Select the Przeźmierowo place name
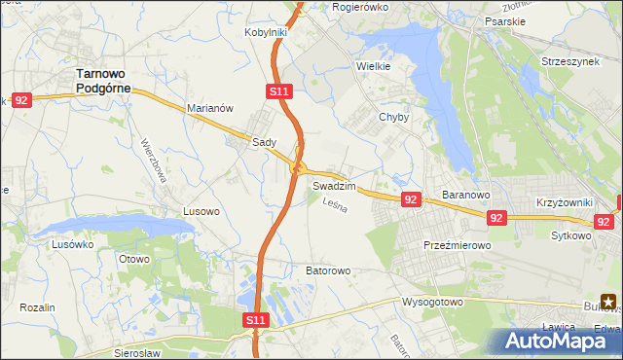point(457,246)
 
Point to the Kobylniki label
point(266,32)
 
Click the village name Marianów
point(209,109)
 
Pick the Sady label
point(265,141)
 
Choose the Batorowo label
point(328,270)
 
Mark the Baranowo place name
point(464,195)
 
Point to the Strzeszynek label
point(570,61)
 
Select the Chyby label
point(393,117)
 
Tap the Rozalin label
point(37,307)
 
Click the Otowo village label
point(133,259)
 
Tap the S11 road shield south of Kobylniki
point(278,90)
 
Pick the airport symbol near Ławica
point(608,303)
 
